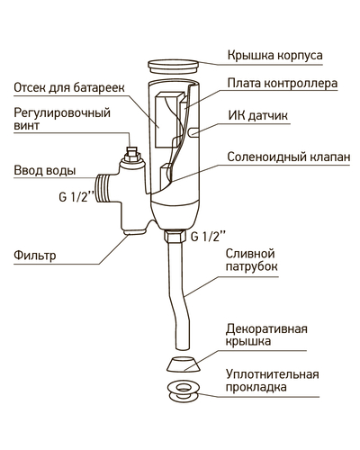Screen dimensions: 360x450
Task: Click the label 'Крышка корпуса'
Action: [274, 56]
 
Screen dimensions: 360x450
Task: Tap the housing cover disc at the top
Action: [174, 67]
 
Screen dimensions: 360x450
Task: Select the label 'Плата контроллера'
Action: [283, 84]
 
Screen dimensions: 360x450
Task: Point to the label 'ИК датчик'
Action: [258, 115]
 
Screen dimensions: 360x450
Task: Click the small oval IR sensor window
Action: [193, 132]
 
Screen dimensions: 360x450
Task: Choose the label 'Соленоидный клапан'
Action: [289, 157]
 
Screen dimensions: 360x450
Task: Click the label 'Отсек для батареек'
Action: [69, 88]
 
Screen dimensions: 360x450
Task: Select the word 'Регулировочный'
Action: [62, 113]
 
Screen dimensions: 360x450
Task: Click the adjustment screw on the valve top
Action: [131, 154]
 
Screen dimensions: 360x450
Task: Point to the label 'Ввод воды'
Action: [45, 171]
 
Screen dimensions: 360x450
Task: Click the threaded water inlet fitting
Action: [103, 189]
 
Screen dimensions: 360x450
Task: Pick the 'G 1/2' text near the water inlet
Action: [76, 196]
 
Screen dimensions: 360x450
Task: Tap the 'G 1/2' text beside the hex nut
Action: [208, 236]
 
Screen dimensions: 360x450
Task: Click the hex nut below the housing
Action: [175, 236]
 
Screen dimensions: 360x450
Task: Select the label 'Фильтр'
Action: [35, 256]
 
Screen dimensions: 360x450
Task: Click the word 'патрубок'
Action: [251, 266]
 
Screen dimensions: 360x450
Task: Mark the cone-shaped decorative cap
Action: [182, 364]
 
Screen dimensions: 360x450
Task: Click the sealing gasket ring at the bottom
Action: [183, 391]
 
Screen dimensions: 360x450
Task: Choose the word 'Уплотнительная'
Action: [273, 374]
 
